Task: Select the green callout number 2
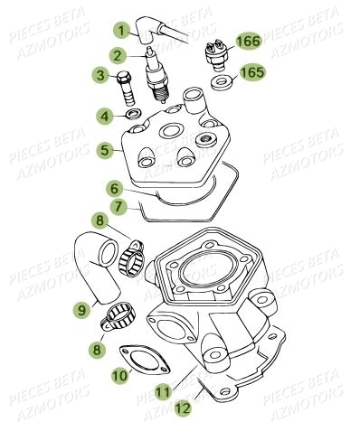click(x=117, y=56)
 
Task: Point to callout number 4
click(x=105, y=116)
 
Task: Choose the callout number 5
click(x=105, y=149)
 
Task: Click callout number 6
click(x=115, y=190)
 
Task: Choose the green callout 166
click(x=249, y=41)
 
